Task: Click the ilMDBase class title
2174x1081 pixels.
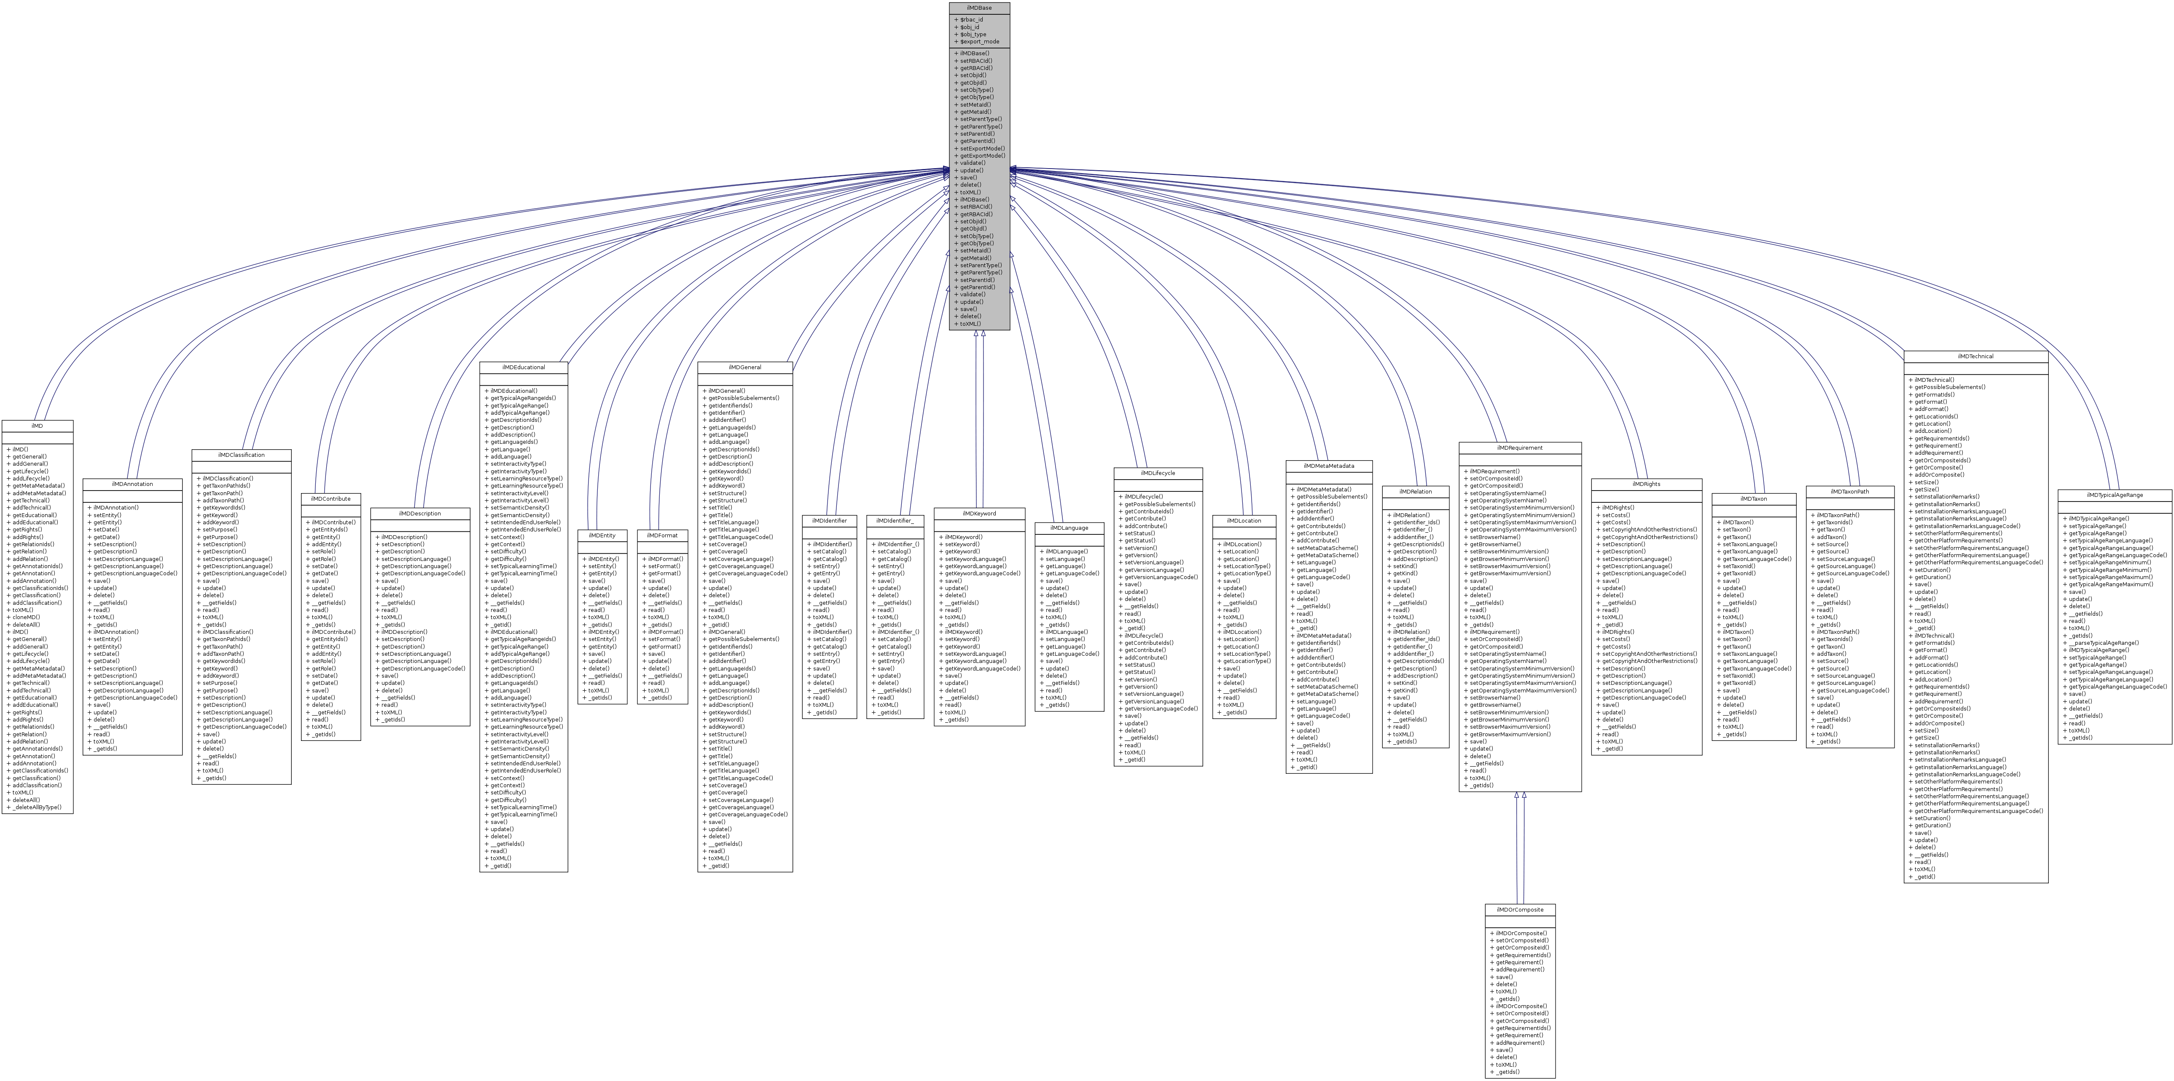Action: (x=979, y=8)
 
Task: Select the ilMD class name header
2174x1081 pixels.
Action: (x=37, y=426)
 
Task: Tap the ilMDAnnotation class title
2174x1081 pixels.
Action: (x=132, y=484)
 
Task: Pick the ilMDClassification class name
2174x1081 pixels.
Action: (x=242, y=455)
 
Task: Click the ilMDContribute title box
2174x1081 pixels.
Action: (x=331, y=499)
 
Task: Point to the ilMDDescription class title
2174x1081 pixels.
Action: (x=419, y=513)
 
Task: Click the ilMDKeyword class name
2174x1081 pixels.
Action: (x=979, y=513)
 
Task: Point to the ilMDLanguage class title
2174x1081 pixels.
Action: (x=1069, y=528)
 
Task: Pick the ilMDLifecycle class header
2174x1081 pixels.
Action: (x=1158, y=473)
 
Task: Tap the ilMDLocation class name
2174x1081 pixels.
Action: (x=1244, y=520)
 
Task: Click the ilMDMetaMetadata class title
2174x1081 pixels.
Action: (x=1328, y=466)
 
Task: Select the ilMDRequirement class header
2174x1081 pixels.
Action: (x=1520, y=448)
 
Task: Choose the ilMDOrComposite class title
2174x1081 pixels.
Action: (x=1520, y=910)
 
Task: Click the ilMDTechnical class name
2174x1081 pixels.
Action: (x=1976, y=356)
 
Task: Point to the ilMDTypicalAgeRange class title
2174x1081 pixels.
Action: (x=2115, y=495)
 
